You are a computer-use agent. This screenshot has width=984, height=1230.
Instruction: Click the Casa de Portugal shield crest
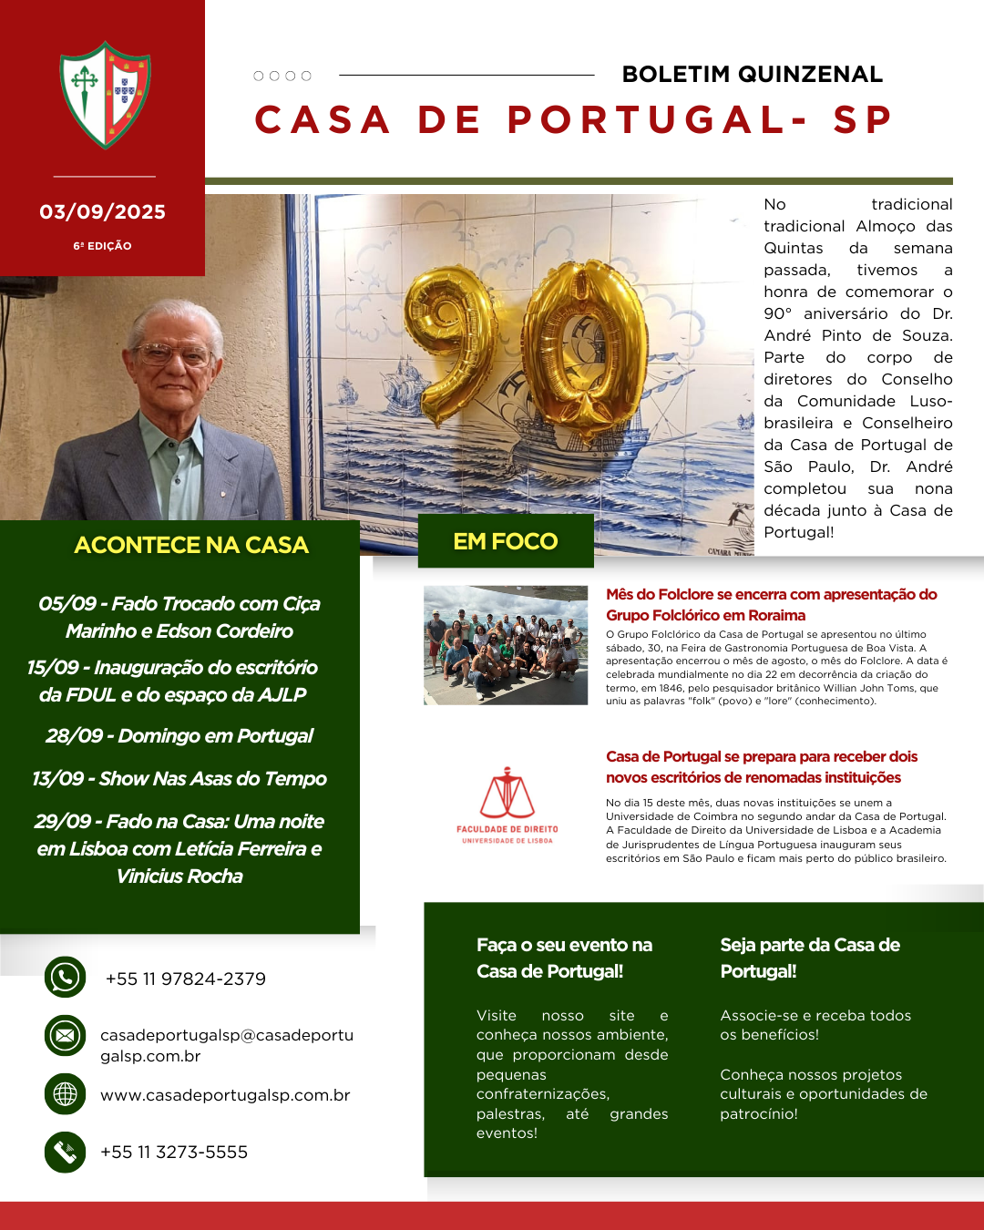pyautogui.click(x=105, y=95)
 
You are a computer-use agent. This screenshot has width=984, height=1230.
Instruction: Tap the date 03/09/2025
pyautogui.click(x=102, y=212)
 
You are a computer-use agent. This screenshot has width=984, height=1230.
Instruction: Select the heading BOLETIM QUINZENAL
pyautogui.click(x=752, y=75)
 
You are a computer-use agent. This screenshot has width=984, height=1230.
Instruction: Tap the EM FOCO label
pyautogui.click(x=506, y=541)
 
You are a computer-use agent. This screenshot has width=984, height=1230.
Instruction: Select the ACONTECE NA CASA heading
pyautogui.click(x=191, y=545)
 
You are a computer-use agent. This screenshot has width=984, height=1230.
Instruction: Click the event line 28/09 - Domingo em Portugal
pyautogui.click(x=179, y=736)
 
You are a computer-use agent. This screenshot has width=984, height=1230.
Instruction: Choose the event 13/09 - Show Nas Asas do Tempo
pyautogui.click(x=179, y=779)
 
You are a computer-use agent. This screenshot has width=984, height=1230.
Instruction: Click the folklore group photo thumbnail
pyautogui.click(x=506, y=645)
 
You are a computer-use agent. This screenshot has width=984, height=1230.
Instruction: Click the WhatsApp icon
pyautogui.click(x=65, y=978)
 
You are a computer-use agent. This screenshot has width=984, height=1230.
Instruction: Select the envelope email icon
pyautogui.click(x=65, y=1036)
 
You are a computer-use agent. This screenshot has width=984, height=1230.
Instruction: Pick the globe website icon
pyautogui.click(x=65, y=1094)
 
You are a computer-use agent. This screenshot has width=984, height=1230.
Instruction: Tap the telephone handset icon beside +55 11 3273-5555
pyautogui.click(x=65, y=1152)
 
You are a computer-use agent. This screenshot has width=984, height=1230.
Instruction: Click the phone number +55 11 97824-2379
pyautogui.click(x=186, y=979)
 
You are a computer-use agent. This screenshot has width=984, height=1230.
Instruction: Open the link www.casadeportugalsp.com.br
pyautogui.click(x=225, y=1095)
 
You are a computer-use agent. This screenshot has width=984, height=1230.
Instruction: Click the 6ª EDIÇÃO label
pyautogui.click(x=102, y=246)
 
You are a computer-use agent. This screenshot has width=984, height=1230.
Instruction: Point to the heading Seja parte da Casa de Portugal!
pyautogui.click(x=809, y=958)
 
